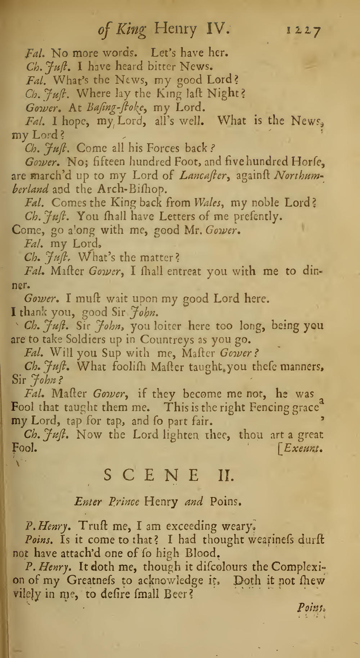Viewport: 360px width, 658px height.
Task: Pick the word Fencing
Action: [273, 408]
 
